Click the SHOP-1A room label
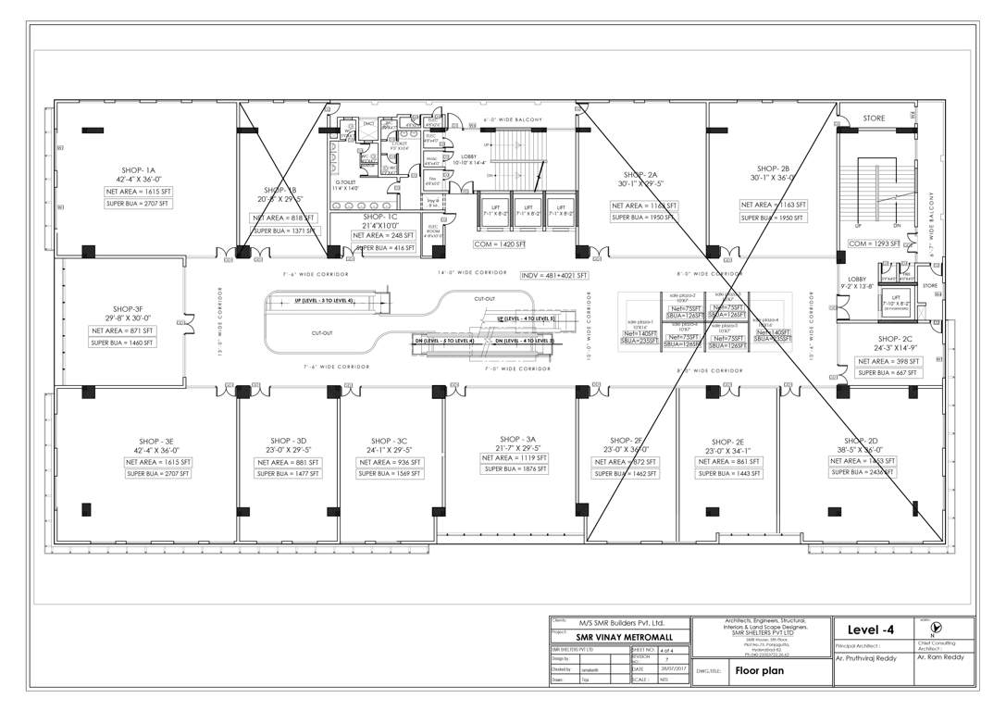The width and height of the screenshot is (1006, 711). (x=137, y=170)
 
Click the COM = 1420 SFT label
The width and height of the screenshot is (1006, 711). (x=499, y=243)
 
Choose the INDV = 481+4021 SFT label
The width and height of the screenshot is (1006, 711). (x=555, y=275)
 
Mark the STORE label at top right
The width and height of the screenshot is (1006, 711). (x=874, y=118)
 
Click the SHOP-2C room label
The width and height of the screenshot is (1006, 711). (x=895, y=339)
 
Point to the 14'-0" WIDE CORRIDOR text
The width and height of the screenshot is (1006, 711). (x=472, y=273)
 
